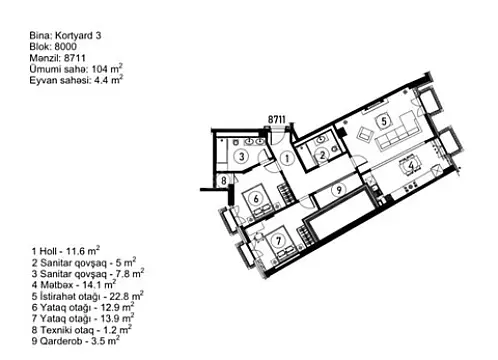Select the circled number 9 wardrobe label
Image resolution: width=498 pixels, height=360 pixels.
pyautogui.click(x=339, y=188)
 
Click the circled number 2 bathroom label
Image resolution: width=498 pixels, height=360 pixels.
pyautogui.click(x=322, y=154)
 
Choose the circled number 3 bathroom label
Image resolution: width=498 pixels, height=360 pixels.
pyautogui.click(x=241, y=156)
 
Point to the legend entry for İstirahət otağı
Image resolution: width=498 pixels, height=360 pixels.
pyautogui.click(x=86, y=295)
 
